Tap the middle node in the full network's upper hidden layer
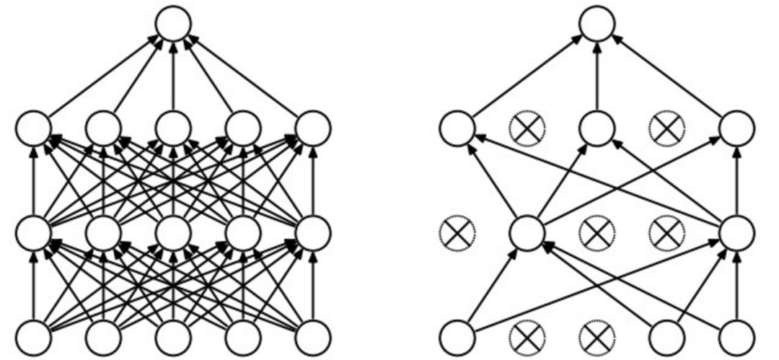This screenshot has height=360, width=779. click(x=173, y=128)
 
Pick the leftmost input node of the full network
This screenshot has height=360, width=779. click(x=33, y=336)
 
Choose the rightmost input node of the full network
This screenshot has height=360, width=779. click(x=313, y=336)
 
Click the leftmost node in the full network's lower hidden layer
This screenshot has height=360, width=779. click(x=33, y=233)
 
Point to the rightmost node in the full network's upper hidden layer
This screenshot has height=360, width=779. click(x=313, y=128)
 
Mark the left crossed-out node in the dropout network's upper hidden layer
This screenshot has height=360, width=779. click(x=527, y=128)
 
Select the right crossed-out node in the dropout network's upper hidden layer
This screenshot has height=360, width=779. click(x=666, y=128)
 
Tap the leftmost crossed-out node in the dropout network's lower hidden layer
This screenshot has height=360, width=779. click(x=457, y=233)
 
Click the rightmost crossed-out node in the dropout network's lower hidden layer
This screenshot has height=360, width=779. click(x=666, y=233)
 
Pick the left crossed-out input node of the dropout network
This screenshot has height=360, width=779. click(x=527, y=336)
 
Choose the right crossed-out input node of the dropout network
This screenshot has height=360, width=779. click(x=597, y=336)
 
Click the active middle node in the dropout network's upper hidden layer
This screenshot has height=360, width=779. click(x=597, y=128)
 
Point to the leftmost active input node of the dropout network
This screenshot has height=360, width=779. click(x=457, y=336)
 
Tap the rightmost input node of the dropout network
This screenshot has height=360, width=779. click(x=736, y=336)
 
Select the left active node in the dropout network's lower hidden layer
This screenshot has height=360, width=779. click(x=527, y=233)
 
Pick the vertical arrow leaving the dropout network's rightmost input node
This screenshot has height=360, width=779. click(x=736, y=285)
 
